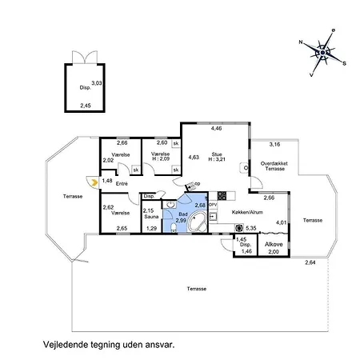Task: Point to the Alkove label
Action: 273,242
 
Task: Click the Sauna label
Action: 150,216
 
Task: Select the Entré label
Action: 122,183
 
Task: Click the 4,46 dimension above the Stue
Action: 216,128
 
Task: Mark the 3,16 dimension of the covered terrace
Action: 274,145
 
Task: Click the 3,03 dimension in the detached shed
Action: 96,82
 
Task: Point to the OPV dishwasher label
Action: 213,203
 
